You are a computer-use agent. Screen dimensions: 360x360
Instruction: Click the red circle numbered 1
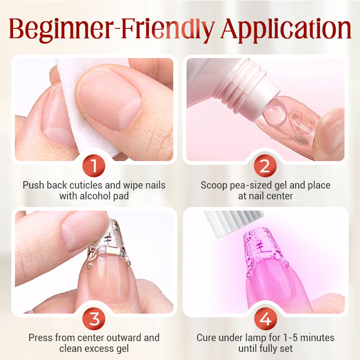94,166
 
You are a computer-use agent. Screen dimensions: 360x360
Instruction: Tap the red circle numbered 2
265,166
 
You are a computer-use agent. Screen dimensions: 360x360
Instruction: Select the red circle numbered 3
94,319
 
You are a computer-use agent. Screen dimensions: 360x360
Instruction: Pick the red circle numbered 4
265,319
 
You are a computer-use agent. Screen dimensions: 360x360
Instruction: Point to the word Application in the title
286,29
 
